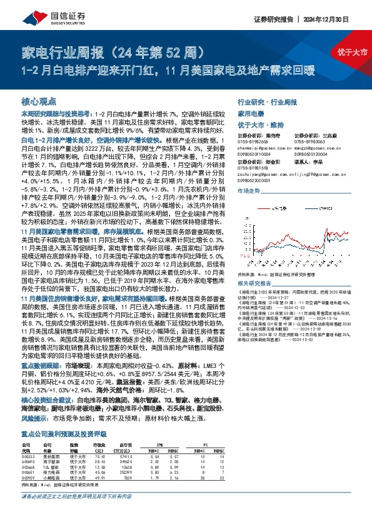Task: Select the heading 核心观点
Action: [x=40, y=100]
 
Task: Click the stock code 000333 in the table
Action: [x=29, y=458]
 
